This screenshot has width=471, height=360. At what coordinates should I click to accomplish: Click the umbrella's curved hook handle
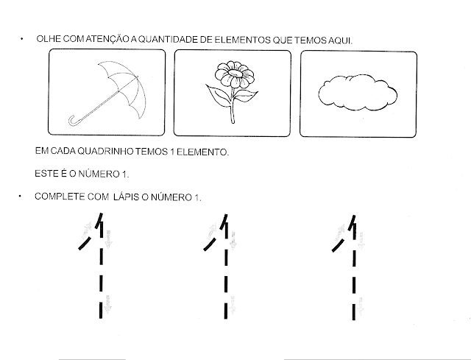[x=72, y=121]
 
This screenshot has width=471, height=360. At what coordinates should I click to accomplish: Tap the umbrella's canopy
[x=126, y=84]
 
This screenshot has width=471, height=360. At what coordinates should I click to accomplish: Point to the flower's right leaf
[x=245, y=96]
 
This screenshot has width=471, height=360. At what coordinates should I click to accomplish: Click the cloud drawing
[x=358, y=93]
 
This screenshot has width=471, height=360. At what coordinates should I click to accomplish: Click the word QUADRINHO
[x=105, y=151]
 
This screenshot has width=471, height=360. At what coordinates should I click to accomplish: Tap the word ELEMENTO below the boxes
[x=202, y=152]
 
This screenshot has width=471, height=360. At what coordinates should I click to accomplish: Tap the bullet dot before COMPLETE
[x=20, y=197]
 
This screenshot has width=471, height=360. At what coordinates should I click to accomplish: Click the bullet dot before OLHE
[x=21, y=39]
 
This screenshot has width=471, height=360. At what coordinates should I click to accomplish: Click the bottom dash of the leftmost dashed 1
[x=100, y=311]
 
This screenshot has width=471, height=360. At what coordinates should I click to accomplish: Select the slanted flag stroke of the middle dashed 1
[x=210, y=244]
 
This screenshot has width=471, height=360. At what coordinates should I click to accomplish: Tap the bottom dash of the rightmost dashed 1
[x=354, y=312]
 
